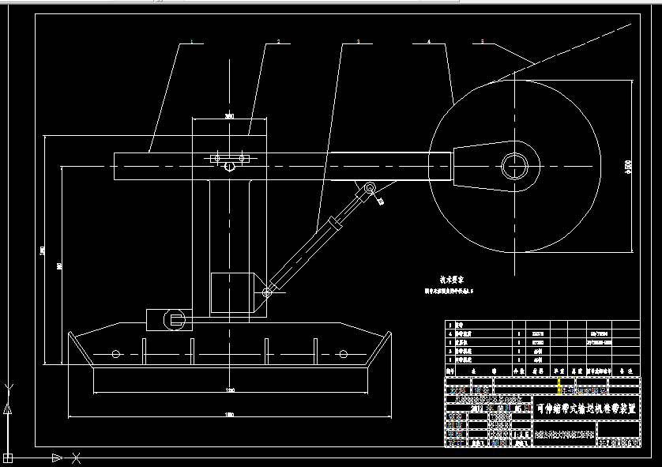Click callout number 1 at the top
[x=191, y=40]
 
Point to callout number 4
[x=428, y=40]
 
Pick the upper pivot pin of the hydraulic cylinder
[x=368, y=189]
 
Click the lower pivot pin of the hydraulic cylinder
[x=267, y=293]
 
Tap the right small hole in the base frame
[x=342, y=353]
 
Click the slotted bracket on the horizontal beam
[x=230, y=159]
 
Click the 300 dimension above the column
[x=230, y=117]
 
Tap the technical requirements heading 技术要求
[x=451, y=279]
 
